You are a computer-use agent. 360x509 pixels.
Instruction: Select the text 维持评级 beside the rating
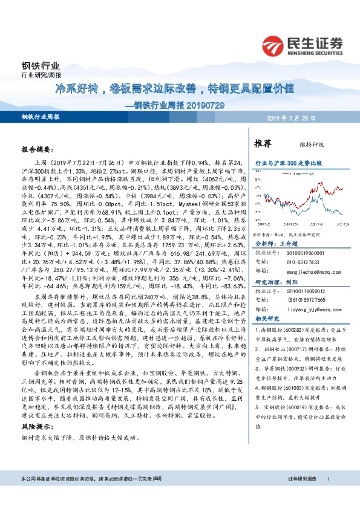(306, 144)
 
